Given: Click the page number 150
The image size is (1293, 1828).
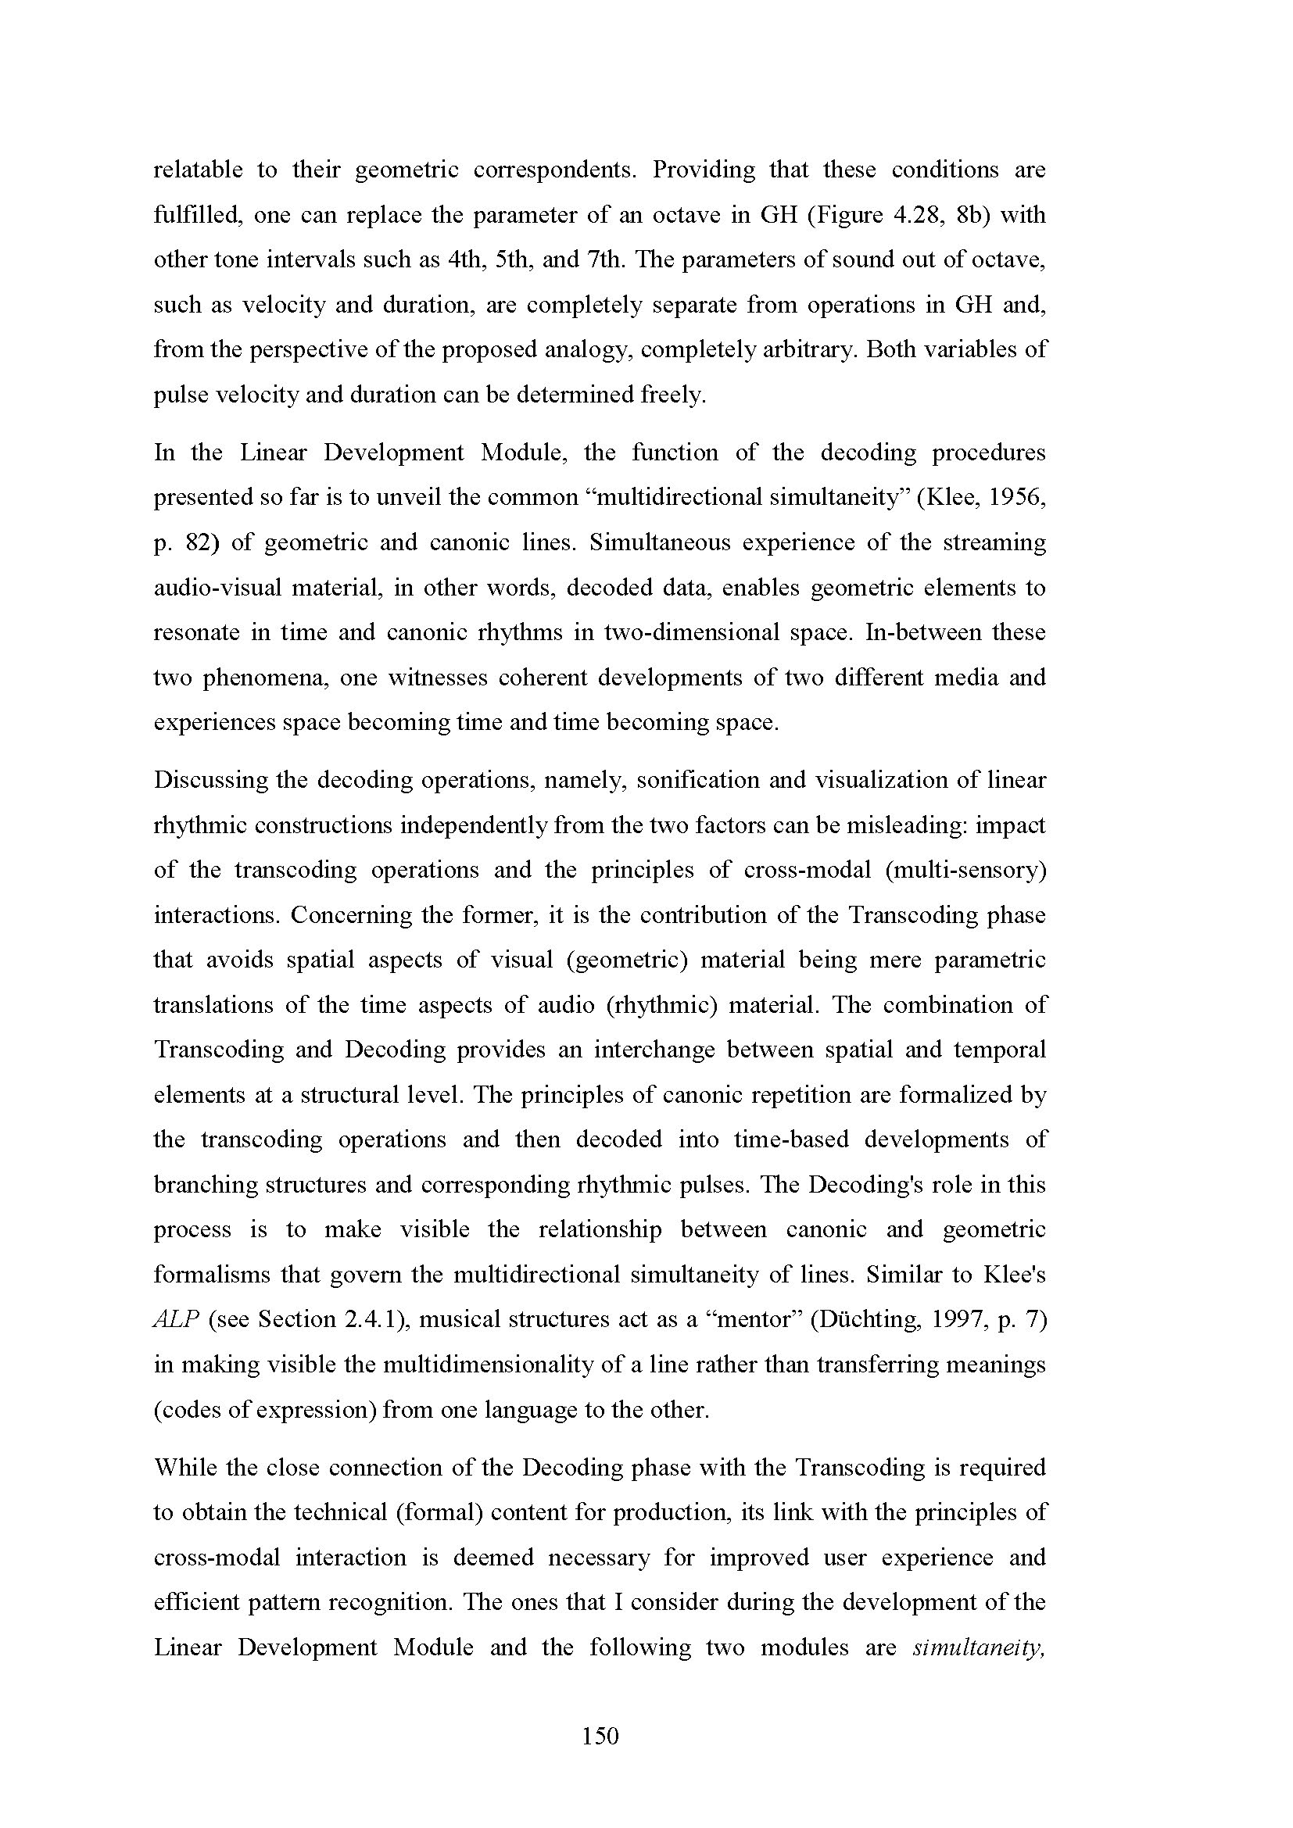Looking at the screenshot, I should pos(600,1735).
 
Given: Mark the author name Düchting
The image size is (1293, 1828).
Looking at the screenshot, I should pos(861,1320).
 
